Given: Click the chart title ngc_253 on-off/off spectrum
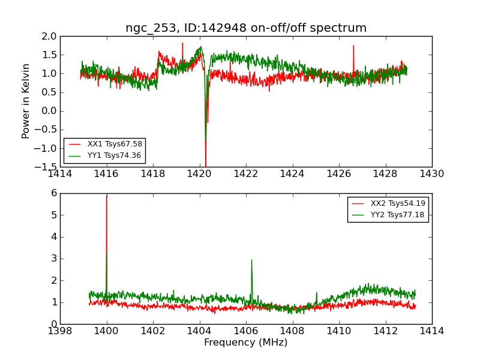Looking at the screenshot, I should [x=246, y=28].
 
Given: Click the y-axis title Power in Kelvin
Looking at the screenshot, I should [x=26, y=101].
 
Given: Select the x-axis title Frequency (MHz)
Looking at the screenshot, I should [x=246, y=343].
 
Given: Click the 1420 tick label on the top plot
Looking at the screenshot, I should [x=199, y=174].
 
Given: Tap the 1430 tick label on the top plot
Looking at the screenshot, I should [x=431, y=174].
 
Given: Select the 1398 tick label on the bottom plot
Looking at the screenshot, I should [x=60, y=331].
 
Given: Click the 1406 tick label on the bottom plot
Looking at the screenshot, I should [x=246, y=331].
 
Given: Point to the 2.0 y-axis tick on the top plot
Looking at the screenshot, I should [x=49, y=36].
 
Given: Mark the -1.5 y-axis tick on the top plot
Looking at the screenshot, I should [x=47, y=167].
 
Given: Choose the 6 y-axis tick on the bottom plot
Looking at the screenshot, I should [x=53, y=193].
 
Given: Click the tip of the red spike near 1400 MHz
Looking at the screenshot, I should [x=107, y=196].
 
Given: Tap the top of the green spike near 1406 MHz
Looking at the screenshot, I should [x=251, y=260].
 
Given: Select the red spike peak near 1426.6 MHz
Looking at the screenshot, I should [x=353, y=46].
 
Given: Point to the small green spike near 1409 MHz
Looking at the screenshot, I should [x=317, y=293].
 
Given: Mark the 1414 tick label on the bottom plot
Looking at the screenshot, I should [x=431, y=331].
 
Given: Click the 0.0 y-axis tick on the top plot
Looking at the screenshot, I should [x=49, y=111].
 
